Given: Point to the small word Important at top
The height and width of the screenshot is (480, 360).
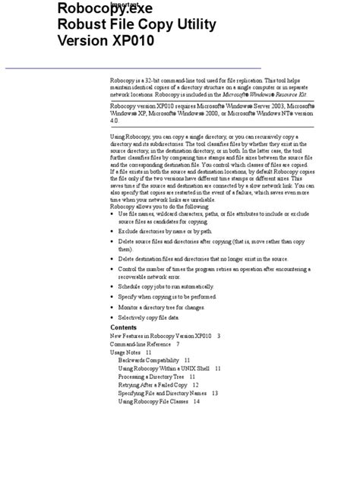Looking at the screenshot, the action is click(x=125, y=4).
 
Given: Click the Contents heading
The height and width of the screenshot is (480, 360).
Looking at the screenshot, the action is click(x=124, y=327).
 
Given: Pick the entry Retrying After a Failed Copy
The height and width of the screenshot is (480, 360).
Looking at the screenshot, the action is click(x=153, y=385).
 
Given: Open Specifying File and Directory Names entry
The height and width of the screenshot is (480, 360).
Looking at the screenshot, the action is click(x=163, y=393).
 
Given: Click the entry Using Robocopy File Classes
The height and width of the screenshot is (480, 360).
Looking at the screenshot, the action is click(x=153, y=402).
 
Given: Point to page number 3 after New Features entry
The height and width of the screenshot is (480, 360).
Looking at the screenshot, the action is click(x=218, y=336).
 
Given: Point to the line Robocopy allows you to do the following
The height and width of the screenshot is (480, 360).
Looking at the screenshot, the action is click(x=159, y=206).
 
